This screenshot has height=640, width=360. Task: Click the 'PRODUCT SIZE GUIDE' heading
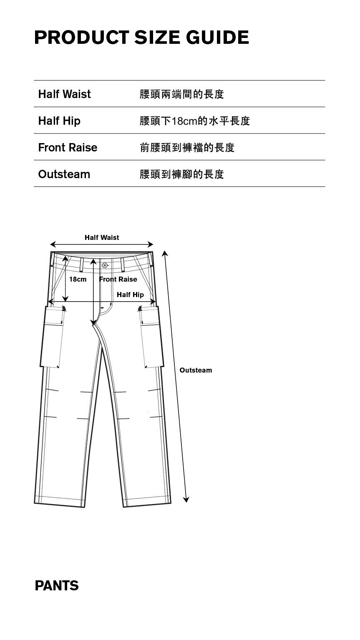tap(141, 38)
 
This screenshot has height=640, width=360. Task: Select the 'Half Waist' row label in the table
tap(64, 94)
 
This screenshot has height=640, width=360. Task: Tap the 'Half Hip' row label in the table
tap(59, 121)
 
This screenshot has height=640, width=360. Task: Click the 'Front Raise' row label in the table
tap(68, 147)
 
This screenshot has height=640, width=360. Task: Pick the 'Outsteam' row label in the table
tap(64, 174)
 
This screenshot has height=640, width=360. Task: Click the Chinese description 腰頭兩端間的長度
tap(182, 94)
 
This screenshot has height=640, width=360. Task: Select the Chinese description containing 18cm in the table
tap(195, 121)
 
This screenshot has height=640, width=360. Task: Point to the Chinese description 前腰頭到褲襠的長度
tap(187, 147)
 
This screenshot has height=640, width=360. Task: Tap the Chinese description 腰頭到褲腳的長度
tap(182, 174)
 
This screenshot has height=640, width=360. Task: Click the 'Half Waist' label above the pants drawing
tap(102, 237)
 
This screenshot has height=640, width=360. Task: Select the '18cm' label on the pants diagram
tap(78, 279)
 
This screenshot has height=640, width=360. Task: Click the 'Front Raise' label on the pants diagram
tap(118, 279)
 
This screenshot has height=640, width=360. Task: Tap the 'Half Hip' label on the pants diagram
tap(130, 295)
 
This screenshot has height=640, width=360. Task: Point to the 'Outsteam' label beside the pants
tap(196, 370)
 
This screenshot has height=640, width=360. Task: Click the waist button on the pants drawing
tap(105, 265)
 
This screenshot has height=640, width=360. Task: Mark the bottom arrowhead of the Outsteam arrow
tap(186, 499)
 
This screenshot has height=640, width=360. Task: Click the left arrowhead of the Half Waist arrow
tap(53, 244)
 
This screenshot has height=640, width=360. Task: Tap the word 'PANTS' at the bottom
tap(57, 586)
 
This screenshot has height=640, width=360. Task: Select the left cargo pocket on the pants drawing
tap(52, 337)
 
